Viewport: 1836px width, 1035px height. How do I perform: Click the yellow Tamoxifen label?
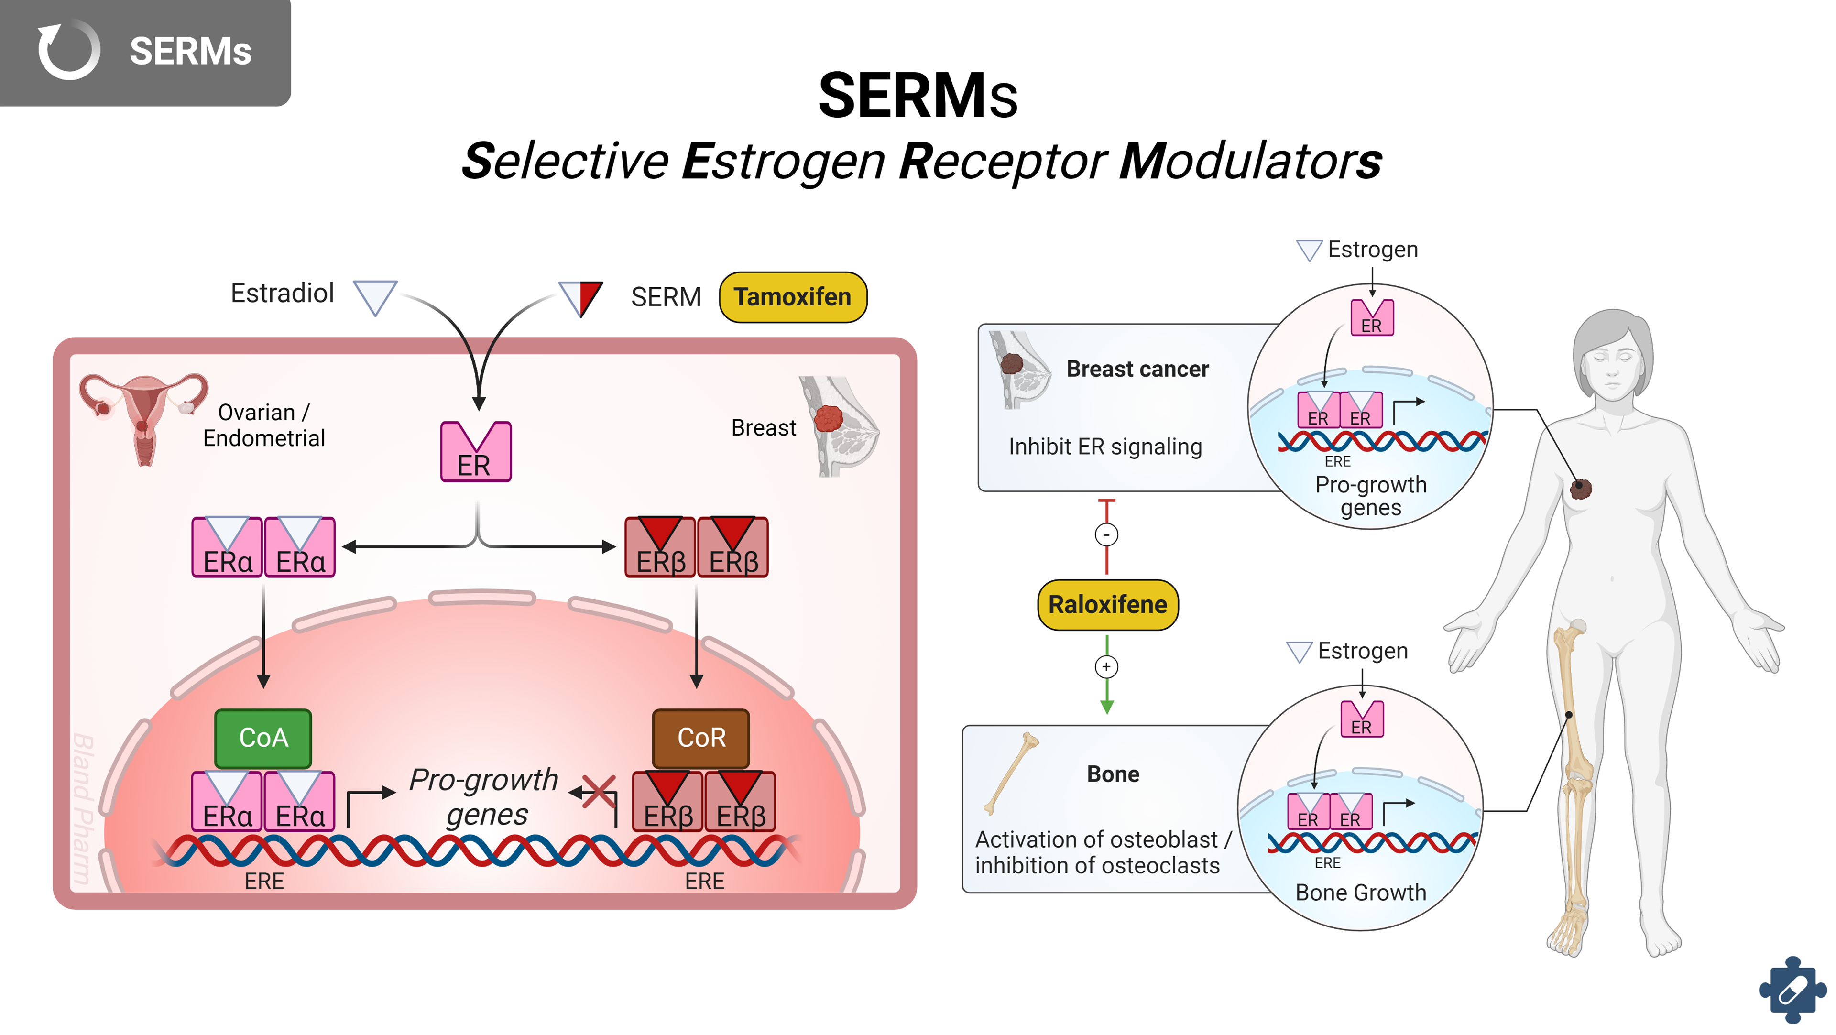coord(793,297)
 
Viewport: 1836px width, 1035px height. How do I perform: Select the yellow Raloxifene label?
coord(1108,604)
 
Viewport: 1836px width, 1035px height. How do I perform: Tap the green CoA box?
coord(263,738)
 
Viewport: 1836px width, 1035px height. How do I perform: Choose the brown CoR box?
coord(700,738)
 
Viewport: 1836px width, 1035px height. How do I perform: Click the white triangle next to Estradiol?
coord(375,296)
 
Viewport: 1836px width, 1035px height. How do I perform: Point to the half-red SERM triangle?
coord(581,298)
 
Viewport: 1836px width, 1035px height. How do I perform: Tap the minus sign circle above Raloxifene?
coord(1106,534)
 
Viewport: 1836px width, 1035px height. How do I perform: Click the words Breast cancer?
coord(1137,369)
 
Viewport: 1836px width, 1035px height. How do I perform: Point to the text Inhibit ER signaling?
coord(1105,447)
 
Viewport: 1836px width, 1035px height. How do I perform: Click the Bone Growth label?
coord(1360,893)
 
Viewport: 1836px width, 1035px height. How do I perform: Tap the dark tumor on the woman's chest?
coord(1581,488)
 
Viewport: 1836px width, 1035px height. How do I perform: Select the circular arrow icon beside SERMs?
coord(68,50)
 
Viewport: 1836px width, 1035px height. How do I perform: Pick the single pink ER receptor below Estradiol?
coord(475,453)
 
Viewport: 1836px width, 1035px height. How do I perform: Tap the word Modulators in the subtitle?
coord(1250,161)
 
